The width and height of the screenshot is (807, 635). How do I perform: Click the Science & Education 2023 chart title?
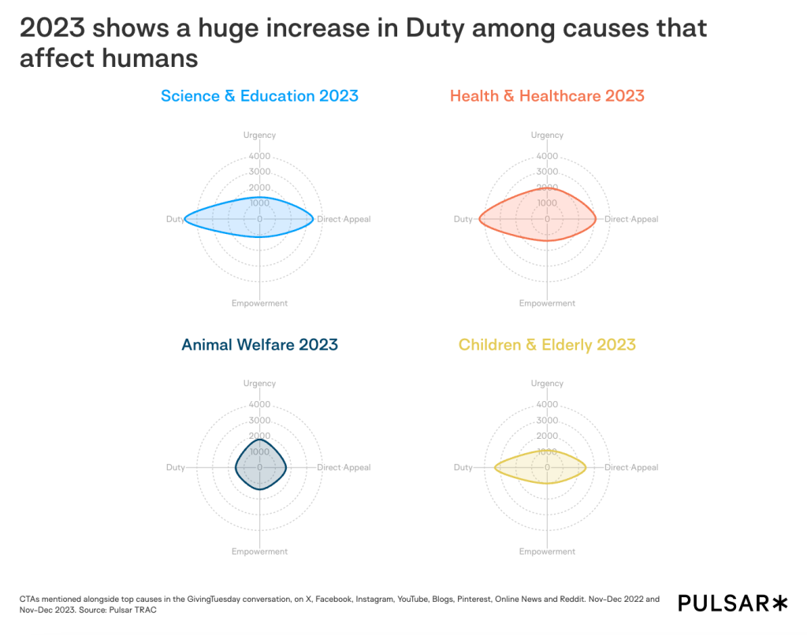point(259,96)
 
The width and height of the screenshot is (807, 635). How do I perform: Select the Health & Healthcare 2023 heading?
point(547,96)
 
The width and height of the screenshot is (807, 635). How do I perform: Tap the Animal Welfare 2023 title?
point(259,344)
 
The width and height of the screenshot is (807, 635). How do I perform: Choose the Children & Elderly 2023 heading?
point(547,344)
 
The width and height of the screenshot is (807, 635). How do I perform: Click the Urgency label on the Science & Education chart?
point(259,136)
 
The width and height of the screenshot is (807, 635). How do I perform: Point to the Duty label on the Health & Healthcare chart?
point(463,219)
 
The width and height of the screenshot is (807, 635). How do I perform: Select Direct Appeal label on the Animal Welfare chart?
point(344,467)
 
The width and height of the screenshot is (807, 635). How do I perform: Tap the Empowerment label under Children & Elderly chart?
point(547,551)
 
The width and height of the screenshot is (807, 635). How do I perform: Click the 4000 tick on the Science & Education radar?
point(259,156)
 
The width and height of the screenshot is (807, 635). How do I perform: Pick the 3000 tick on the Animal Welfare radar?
point(259,420)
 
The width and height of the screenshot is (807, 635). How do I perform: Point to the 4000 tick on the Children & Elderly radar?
point(547,404)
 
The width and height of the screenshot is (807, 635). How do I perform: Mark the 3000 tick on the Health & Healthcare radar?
point(547,172)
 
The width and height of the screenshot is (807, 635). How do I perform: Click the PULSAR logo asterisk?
point(779,603)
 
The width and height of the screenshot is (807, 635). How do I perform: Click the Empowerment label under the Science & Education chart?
point(259,303)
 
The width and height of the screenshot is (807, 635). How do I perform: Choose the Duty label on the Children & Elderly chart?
point(463,467)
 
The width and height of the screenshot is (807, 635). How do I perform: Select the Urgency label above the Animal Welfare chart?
point(259,384)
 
